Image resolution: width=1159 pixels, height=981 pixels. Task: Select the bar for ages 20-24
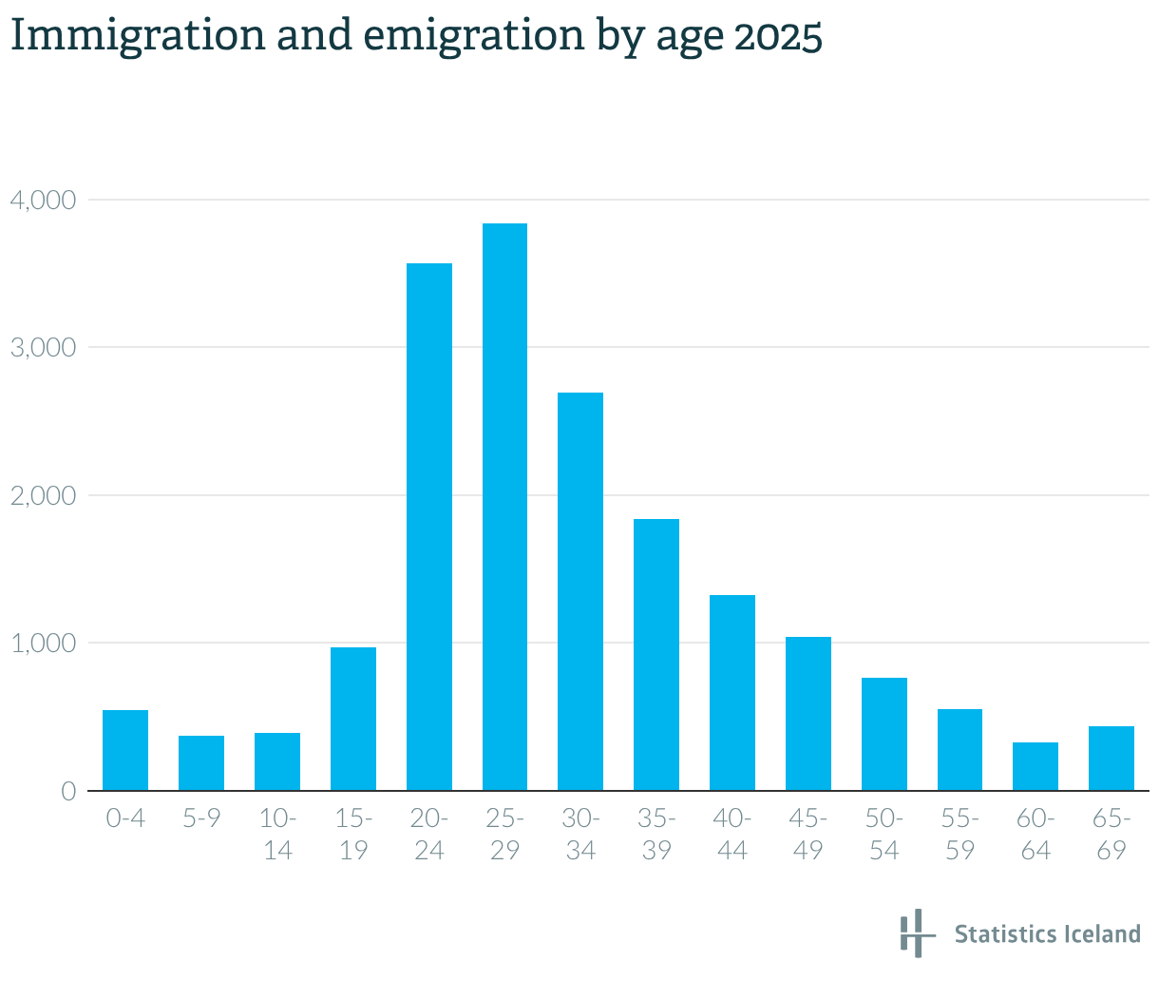(429, 527)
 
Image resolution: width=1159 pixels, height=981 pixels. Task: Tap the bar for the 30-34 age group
(580, 591)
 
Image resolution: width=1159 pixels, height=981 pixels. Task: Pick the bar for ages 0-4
(125, 750)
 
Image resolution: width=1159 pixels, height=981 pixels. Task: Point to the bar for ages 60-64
(1035, 766)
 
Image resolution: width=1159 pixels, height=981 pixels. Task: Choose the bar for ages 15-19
(353, 719)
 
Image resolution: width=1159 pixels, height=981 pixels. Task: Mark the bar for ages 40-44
(732, 692)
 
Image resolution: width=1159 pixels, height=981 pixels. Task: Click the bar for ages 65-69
(1111, 759)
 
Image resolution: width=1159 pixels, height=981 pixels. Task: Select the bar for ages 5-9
(201, 762)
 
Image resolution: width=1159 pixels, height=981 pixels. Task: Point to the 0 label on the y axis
(67, 791)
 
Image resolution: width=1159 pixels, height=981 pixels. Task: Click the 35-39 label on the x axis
(656, 834)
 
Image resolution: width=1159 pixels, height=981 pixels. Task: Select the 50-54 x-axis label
(883, 834)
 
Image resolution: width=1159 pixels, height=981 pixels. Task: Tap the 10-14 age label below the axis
(277, 834)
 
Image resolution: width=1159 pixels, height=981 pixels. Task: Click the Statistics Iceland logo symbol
(912, 933)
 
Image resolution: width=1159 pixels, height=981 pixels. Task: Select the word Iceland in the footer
(1102, 933)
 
